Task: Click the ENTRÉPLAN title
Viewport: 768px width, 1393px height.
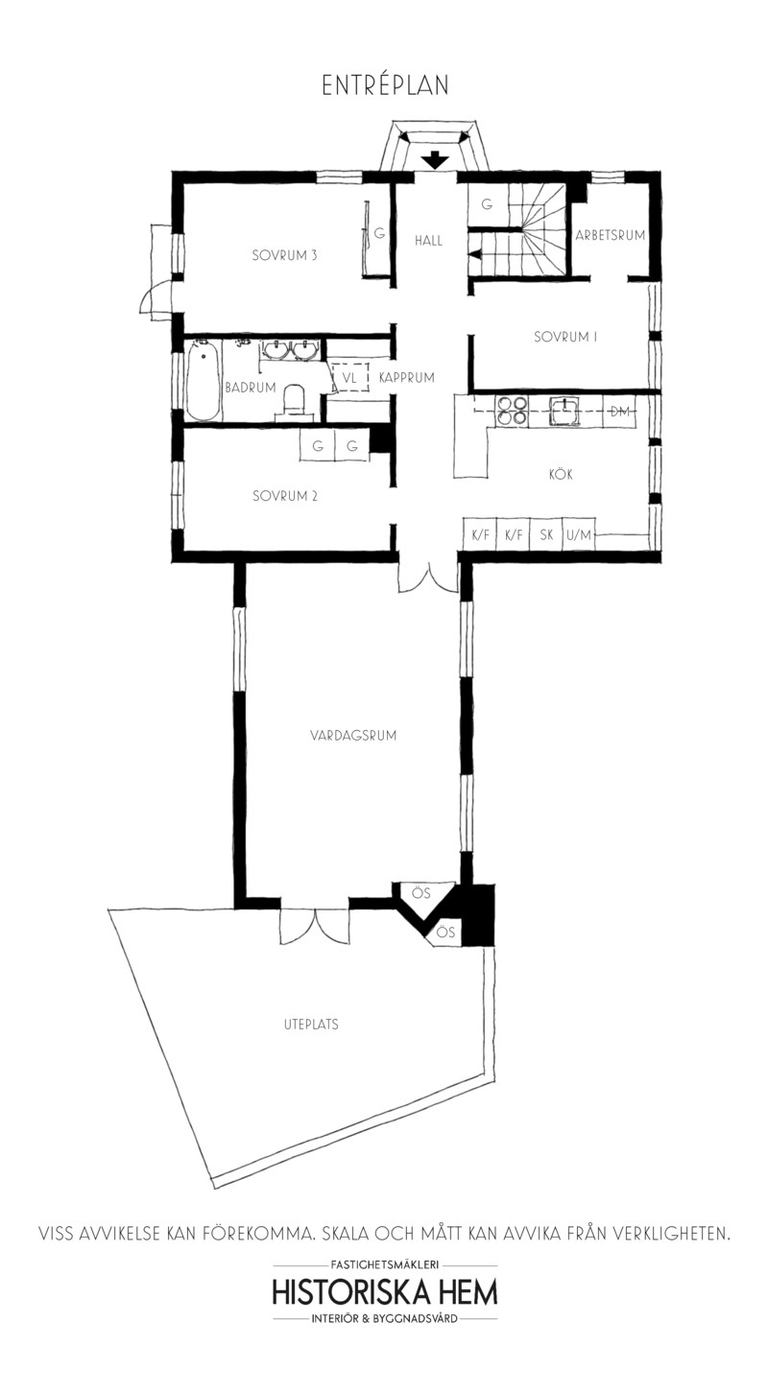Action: (385, 85)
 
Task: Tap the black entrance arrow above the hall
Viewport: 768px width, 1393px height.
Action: (435, 160)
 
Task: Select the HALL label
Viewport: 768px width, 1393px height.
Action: (429, 240)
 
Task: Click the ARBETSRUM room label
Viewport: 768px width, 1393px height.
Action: (610, 236)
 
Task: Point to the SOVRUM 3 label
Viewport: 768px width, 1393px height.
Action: (284, 255)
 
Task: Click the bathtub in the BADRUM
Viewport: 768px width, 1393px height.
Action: (203, 379)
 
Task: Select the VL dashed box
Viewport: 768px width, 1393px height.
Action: (350, 377)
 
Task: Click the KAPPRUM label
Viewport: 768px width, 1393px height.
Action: (406, 377)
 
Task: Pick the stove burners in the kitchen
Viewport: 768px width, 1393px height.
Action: (512, 411)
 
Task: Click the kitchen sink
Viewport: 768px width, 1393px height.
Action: (564, 411)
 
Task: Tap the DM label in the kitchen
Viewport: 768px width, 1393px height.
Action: (620, 411)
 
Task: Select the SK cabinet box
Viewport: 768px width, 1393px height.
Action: (546, 534)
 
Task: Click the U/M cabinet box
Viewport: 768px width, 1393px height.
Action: (579, 534)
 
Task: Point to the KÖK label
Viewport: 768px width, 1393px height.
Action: (561, 475)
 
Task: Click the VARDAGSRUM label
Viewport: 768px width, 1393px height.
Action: (353, 735)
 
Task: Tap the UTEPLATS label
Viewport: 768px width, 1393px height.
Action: (311, 1025)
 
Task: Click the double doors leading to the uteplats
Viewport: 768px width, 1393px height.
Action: (314, 925)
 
